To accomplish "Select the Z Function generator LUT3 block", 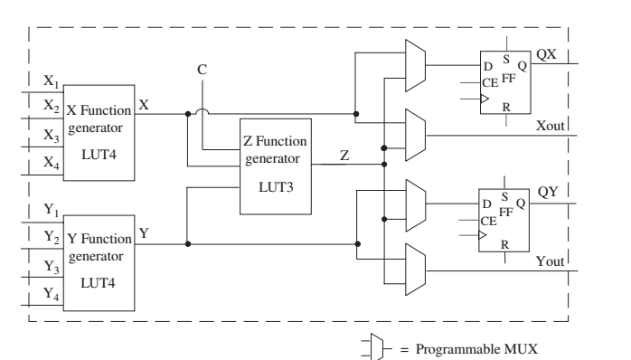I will pyautogui.click(x=274, y=165).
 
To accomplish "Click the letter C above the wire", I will pyautogui.click(x=202, y=69).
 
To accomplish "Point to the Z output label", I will pyautogui.click(x=344, y=155).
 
